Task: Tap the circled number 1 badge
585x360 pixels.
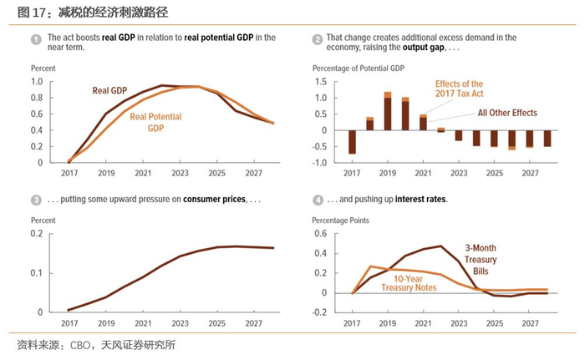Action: pyautogui.click(x=35, y=39)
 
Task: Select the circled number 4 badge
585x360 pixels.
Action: pyautogui.click(x=318, y=200)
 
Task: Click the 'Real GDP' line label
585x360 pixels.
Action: pyautogui.click(x=111, y=90)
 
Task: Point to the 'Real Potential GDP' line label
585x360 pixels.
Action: pyautogui.click(x=156, y=123)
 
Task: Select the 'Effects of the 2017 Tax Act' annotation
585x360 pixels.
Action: pyautogui.click(x=459, y=89)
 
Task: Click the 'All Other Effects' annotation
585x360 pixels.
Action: pyautogui.click(x=506, y=113)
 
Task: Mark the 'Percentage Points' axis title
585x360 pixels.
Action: pyautogui.click(x=340, y=220)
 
